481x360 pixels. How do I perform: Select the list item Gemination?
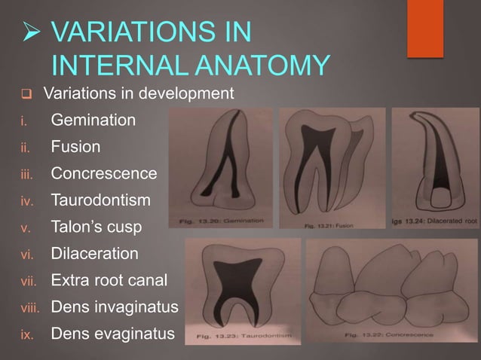pyautogui.click(x=93, y=120)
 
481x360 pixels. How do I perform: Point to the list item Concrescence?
pyautogui.click(x=104, y=174)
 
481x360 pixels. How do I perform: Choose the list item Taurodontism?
pyautogui.click(x=100, y=201)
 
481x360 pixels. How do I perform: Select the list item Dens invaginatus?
pyautogui.click(x=114, y=308)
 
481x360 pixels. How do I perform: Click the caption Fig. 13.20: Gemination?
pyautogui.click(x=226, y=221)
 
